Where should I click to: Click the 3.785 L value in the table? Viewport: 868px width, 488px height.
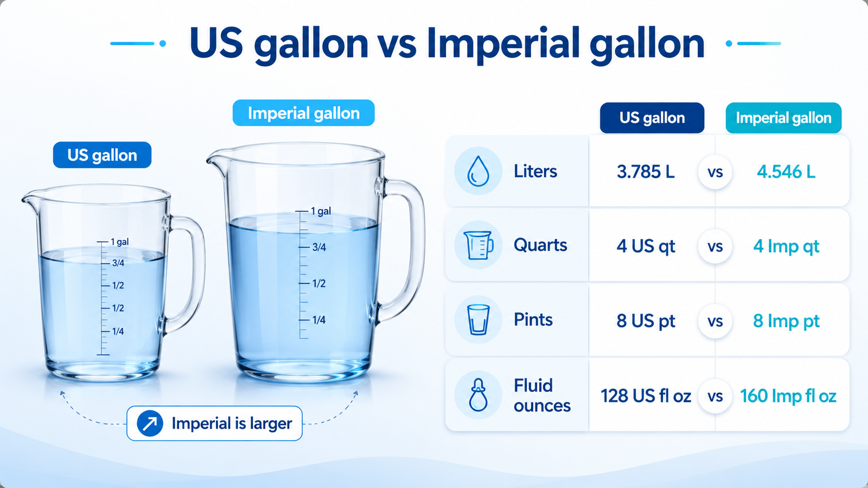tap(646, 171)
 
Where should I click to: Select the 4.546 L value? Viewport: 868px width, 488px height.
tap(786, 171)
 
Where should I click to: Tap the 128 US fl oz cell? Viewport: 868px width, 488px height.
tap(646, 396)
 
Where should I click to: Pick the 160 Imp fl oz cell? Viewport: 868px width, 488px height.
tap(788, 396)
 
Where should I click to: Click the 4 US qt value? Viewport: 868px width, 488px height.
tap(646, 246)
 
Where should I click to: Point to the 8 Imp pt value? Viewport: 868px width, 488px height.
tap(786, 321)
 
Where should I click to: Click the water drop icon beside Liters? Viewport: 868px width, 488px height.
tap(478, 171)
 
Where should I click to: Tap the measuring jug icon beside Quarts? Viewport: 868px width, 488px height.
tap(478, 245)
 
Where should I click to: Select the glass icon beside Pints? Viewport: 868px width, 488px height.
tap(478, 319)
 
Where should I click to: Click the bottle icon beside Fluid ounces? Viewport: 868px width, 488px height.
tap(478, 395)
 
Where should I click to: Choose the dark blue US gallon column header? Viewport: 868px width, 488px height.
tap(652, 118)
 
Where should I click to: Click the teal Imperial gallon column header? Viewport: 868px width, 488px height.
tap(783, 118)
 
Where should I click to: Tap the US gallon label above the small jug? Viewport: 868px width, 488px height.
tap(103, 155)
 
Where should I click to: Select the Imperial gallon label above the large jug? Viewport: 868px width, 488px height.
tap(303, 113)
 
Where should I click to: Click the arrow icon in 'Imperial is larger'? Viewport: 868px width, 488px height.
tap(150, 423)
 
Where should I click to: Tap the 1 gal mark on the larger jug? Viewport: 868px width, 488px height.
tap(314, 211)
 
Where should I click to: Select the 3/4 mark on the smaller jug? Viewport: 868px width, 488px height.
tap(113, 263)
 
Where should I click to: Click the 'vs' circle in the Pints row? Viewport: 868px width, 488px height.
tap(715, 321)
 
